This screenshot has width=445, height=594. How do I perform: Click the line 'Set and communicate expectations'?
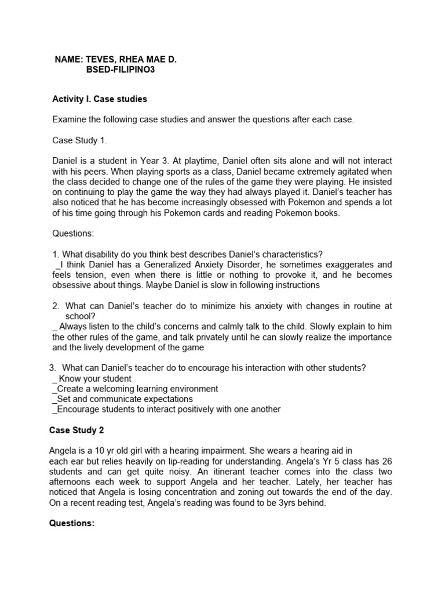pyautogui.click(x=124, y=399)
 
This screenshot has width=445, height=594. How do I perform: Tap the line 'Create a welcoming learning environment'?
pyautogui.click(x=137, y=389)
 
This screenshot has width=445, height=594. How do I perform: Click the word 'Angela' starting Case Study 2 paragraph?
pyautogui.click(x=67, y=451)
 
